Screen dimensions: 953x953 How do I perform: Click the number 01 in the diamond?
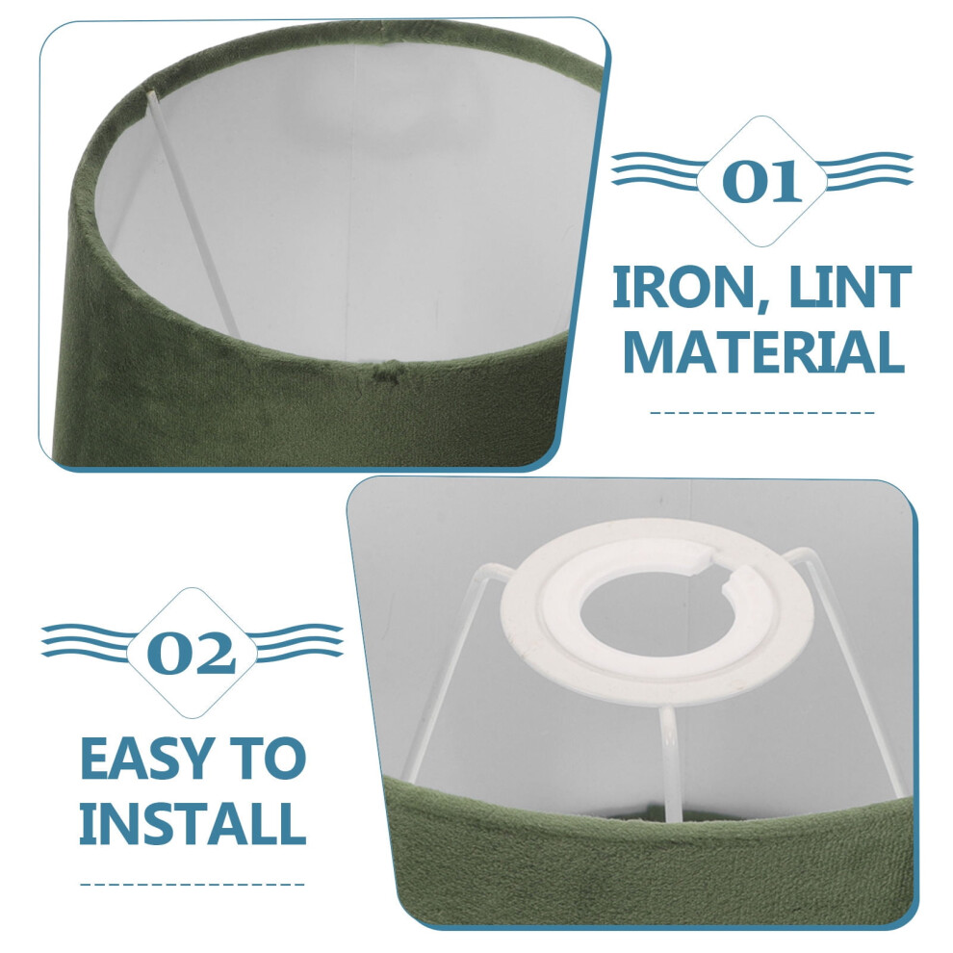(762, 181)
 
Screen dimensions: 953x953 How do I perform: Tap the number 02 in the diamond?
(191, 654)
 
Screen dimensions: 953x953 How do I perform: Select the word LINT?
(846, 287)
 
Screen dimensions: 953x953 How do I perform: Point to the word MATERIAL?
(763, 352)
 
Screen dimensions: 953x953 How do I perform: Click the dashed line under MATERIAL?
(762, 413)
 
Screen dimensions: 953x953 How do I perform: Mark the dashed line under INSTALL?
(193, 885)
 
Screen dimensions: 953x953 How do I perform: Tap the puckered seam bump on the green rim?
(388, 371)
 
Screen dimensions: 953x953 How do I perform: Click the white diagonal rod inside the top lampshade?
(193, 214)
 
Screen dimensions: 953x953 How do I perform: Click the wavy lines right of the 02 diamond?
(297, 641)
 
